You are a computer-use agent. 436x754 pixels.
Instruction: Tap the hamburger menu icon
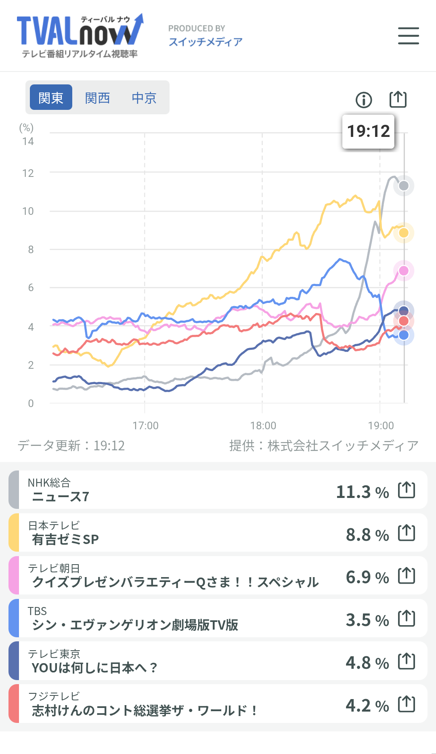pos(408,36)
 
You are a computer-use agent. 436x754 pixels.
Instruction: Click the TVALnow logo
pos(80,36)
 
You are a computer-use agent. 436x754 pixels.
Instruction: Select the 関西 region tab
pos(97,98)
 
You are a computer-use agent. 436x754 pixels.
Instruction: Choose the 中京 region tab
pos(144,98)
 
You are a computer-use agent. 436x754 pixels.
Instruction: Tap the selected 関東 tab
pos(51,98)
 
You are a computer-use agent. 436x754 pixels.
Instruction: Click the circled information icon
pos(364,100)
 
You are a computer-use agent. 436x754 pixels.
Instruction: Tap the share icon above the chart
pos(398,99)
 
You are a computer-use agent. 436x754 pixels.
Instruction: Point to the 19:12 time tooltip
pos(368,131)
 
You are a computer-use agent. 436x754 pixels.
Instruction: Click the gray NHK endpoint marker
pos(404,186)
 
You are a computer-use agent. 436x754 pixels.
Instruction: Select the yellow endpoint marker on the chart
pos(404,233)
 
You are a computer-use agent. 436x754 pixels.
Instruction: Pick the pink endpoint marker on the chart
pos(404,271)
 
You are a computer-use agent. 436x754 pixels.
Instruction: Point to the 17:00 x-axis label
pos(145,426)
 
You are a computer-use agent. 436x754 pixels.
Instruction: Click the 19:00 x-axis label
pos(381,426)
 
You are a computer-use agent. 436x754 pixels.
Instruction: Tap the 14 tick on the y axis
pos(28,141)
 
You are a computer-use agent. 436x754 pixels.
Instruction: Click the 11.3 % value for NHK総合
pos(362,492)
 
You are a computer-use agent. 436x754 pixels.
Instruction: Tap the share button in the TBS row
pos(407,618)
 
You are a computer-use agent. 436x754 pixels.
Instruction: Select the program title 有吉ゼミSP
pos(65,540)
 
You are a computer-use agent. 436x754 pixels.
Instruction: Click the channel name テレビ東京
pos(54,654)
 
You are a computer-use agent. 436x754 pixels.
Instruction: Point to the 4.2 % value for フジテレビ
pos(367,706)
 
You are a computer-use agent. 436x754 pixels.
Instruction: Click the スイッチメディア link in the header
pos(205,42)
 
